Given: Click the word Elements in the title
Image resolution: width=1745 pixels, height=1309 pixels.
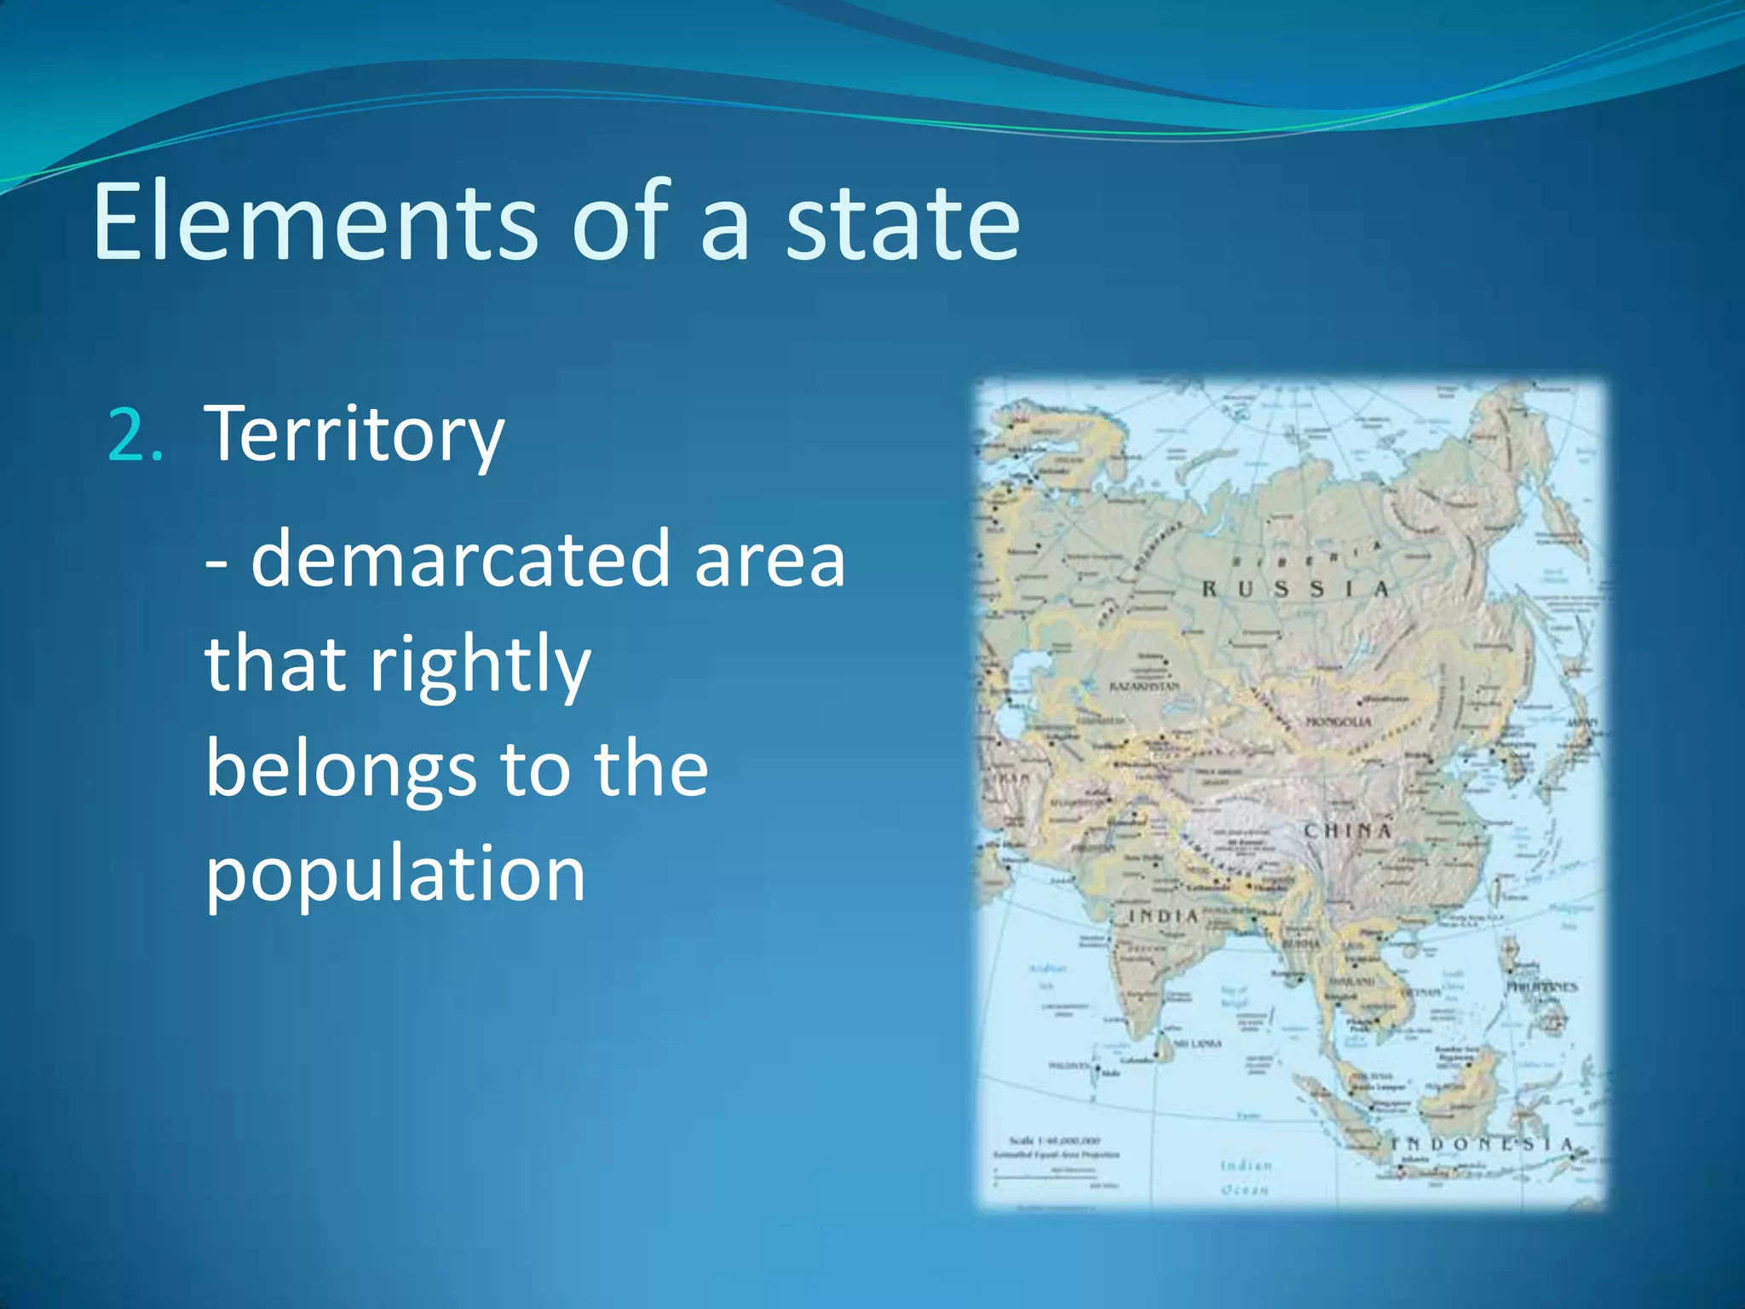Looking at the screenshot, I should [315, 223].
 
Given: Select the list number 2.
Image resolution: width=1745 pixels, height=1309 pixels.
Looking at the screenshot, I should [135, 435].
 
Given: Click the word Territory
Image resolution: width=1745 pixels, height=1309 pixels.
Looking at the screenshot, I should [354, 435].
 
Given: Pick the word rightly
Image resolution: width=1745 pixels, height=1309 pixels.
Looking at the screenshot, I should [480, 666].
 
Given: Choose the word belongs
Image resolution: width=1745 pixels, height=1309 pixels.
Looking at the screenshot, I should [340, 768].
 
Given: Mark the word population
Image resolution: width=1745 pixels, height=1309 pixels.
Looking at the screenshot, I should [395, 874].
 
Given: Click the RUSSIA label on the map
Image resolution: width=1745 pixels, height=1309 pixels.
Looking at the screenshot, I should [1295, 589].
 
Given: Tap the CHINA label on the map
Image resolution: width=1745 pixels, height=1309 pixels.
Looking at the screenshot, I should [1348, 830].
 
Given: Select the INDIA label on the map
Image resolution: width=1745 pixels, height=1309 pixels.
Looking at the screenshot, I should [1164, 916].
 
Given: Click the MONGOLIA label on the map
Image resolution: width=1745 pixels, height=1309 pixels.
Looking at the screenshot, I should [1339, 722].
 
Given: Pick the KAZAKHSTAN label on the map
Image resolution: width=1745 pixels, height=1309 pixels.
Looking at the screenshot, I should [1144, 686].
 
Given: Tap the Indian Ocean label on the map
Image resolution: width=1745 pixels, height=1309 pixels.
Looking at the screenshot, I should [1246, 1177].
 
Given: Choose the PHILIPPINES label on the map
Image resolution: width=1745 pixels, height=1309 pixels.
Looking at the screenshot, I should [1542, 987].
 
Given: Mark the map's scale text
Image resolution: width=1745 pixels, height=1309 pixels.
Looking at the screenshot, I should [1055, 1141].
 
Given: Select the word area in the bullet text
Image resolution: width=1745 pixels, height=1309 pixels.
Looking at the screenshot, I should [769, 560].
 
